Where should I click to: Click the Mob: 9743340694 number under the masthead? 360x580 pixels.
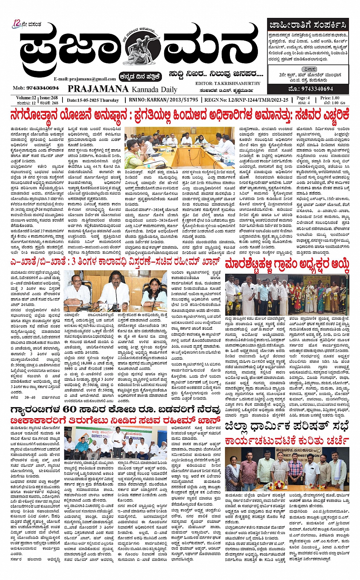coord(36,88)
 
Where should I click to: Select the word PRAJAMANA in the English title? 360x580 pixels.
coord(98,89)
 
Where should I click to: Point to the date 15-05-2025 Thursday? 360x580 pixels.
coord(93,100)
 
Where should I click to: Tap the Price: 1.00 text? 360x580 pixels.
coord(330,98)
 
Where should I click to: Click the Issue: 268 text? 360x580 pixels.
coord(49,98)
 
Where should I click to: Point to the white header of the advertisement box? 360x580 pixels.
coord(307,26)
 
